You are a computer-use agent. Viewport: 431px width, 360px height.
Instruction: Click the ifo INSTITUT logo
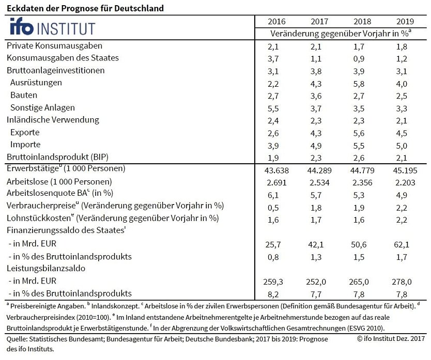[52, 27]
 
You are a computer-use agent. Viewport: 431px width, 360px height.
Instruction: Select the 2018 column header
[362, 22]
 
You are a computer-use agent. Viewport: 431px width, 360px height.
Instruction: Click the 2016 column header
[276, 22]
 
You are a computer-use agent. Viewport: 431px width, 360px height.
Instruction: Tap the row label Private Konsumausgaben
[54, 46]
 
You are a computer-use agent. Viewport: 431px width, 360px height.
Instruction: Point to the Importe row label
[25, 145]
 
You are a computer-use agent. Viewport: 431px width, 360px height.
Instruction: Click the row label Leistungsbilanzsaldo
[45, 269]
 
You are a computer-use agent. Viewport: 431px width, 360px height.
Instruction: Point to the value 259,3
[276, 282]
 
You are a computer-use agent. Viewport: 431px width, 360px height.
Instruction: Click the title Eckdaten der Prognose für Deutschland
[85, 8]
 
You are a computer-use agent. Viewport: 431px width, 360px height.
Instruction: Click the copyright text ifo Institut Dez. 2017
[390, 339]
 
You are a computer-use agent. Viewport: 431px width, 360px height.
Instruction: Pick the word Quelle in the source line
[16, 339]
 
